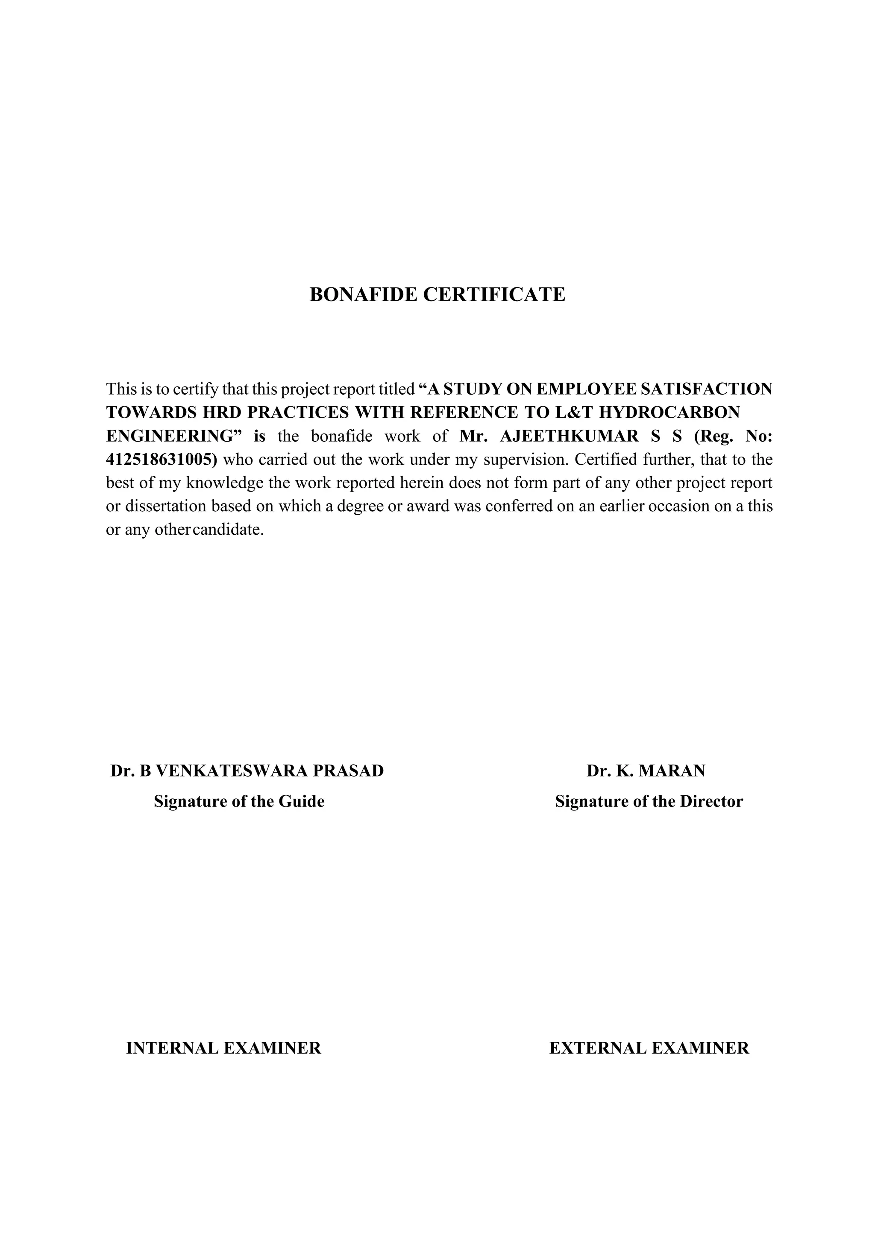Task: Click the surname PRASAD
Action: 348,771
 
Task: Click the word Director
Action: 711,802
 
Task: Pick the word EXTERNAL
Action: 598,1048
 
